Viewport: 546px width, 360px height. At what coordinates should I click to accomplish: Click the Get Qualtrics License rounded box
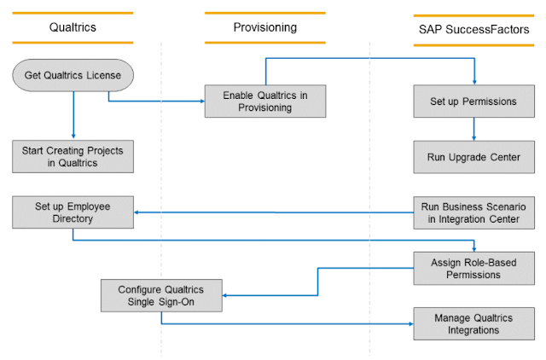(73, 75)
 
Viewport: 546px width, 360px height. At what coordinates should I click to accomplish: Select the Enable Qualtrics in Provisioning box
(264, 101)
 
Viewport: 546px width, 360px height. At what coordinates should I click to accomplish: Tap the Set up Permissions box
(476, 101)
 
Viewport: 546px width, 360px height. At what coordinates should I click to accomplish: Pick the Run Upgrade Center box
(476, 157)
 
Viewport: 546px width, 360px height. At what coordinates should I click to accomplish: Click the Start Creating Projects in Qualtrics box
(73, 157)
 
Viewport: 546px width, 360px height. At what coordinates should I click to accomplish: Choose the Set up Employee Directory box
(73, 212)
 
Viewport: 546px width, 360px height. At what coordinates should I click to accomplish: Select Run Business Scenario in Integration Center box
(476, 212)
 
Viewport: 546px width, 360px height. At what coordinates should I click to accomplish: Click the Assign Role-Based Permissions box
(476, 268)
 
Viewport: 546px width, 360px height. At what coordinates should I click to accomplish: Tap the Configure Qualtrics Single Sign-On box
(160, 296)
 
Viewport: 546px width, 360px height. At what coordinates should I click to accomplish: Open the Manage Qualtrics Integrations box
(476, 323)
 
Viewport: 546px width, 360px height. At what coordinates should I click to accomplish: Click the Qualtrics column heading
(73, 27)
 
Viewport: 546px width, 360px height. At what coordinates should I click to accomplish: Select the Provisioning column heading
(264, 27)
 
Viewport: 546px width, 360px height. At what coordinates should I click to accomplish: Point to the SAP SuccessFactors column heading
(476, 30)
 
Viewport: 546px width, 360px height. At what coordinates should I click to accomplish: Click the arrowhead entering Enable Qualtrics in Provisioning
(201, 101)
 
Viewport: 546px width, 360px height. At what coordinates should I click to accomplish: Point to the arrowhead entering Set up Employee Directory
(138, 212)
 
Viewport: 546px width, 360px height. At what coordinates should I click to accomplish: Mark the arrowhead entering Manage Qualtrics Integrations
(410, 323)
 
